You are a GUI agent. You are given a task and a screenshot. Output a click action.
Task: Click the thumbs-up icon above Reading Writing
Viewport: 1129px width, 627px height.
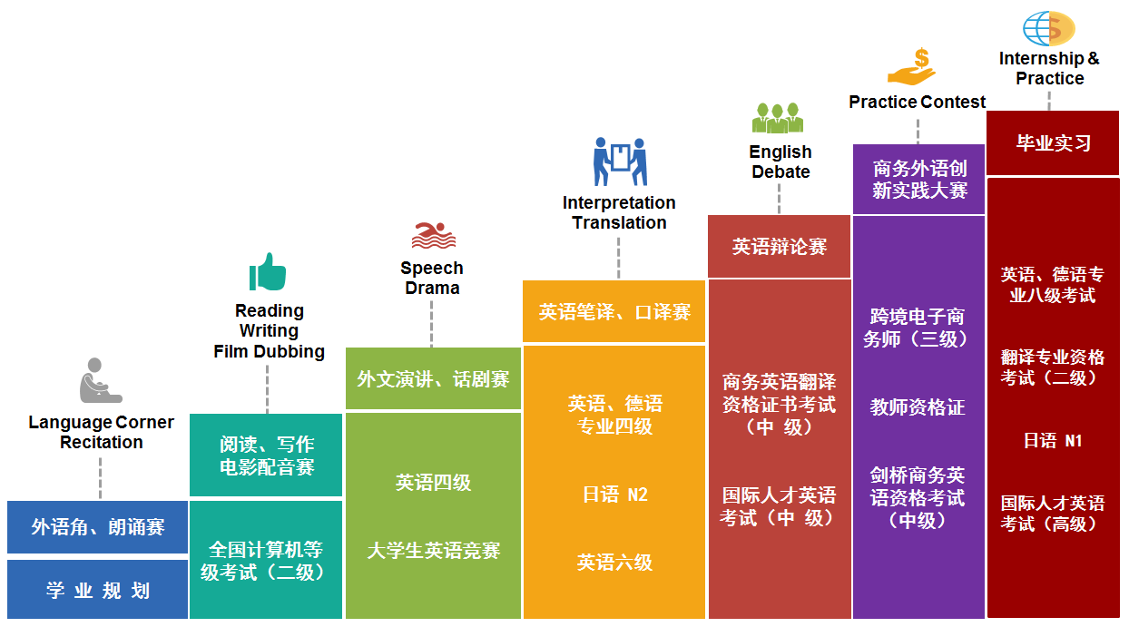pyautogui.click(x=268, y=272)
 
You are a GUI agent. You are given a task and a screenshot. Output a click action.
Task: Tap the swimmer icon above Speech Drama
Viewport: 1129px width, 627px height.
pyautogui.click(x=433, y=235)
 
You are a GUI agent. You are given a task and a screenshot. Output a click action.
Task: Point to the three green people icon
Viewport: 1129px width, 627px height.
pyautogui.click(x=778, y=118)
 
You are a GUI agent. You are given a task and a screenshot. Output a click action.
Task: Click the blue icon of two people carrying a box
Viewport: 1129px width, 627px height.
pyautogui.click(x=619, y=161)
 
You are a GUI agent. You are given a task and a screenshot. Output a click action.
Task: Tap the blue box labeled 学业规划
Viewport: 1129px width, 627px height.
pyautogui.click(x=97, y=591)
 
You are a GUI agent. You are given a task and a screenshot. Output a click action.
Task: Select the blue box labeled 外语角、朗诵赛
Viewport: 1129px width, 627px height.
pyautogui.click(x=97, y=527)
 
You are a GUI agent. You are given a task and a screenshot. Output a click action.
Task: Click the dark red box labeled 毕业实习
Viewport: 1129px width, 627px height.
pyautogui.click(x=1053, y=143)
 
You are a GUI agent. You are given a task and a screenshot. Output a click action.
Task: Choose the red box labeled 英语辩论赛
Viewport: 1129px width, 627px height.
pyautogui.click(x=780, y=247)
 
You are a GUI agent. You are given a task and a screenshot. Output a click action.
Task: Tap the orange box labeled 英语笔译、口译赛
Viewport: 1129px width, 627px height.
pyautogui.click(x=614, y=312)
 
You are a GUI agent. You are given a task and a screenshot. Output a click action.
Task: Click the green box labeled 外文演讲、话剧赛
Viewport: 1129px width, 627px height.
pyautogui.click(x=433, y=379)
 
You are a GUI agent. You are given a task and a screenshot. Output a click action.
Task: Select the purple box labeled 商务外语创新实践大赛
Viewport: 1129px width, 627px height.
pyautogui.click(x=919, y=180)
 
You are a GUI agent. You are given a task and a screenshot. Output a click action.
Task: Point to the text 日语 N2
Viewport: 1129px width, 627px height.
pyautogui.click(x=614, y=495)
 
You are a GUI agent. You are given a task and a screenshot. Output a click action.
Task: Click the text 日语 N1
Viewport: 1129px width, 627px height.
pyautogui.click(x=1053, y=441)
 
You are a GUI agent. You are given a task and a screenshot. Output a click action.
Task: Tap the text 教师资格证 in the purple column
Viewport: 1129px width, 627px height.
pyautogui.click(x=918, y=407)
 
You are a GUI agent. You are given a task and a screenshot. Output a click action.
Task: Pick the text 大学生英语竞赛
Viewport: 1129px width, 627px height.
pyautogui.click(x=433, y=551)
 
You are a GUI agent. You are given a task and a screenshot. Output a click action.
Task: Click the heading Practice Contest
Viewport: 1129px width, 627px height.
pyautogui.click(x=917, y=103)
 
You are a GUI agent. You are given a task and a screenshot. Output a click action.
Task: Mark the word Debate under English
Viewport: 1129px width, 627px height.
pyautogui.click(x=780, y=171)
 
